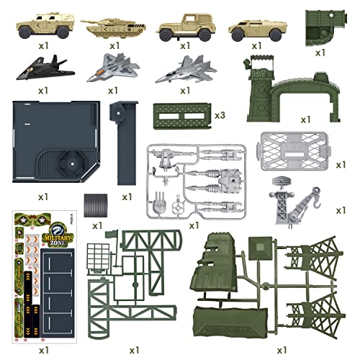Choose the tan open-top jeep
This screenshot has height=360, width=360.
pyautogui.click(x=179, y=27)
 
